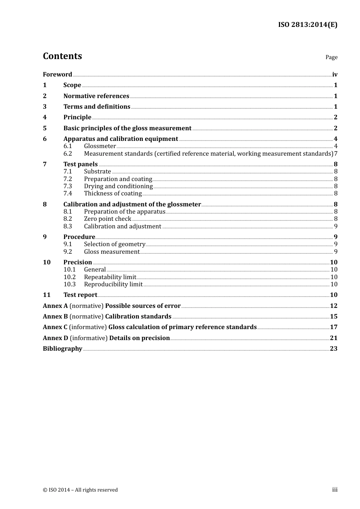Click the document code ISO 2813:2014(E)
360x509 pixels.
[x=307, y=25]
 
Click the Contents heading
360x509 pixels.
[x=62, y=56]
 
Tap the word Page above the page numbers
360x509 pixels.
[x=331, y=57]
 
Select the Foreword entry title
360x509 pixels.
[x=57, y=75]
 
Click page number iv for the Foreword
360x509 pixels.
[x=335, y=75]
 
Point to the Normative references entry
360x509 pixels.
[x=96, y=96]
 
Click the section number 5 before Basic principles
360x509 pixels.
[x=45, y=128]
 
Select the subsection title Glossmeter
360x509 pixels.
[x=100, y=146]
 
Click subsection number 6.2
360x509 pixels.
[x=67, y=154]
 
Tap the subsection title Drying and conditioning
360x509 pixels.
[x=118, y=186]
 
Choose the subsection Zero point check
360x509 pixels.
[x=107, y=219]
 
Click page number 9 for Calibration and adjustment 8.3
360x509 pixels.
[x=336, y=226]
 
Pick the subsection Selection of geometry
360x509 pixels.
[x=114, y=244]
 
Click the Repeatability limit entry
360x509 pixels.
[x=110, y=277]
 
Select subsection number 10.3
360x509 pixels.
[x=69, y=284]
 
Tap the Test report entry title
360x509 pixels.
[x=80, y=295]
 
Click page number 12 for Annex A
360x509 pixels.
[x=333, y=306]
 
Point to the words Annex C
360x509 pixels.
[x=55, y=327]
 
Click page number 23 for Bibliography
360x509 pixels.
[x=333, y=349]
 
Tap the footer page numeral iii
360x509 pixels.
[x=335, y=490]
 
